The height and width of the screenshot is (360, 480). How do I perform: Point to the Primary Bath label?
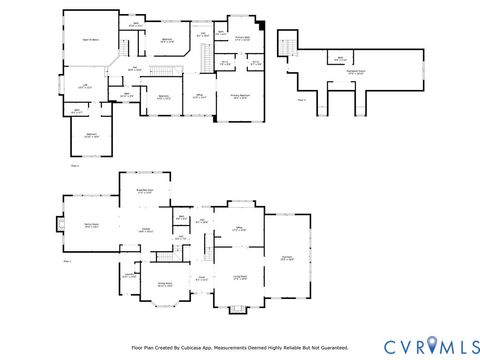pyautogui.click(x=242, y=38)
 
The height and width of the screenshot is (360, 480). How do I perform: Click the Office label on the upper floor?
pyautogui.click(x=200, y=96)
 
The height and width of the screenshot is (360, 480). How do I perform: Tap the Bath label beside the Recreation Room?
pyautogui.click(x=327, y=59)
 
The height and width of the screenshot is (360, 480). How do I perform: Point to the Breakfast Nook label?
pyautogui.click(x=144, y=188)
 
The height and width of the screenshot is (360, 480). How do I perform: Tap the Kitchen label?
pyautogui.click(x=145, y=230)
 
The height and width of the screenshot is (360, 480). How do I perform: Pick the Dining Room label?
pyautogui.click(x=166, y=285)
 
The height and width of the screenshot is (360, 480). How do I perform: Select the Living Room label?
pyautogui.click(x=240, y=277)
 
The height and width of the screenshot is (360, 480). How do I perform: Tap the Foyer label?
pyautogui.click(x=201, y=278)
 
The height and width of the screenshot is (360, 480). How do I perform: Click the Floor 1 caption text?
pyautogui.click(x=68, y=260)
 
